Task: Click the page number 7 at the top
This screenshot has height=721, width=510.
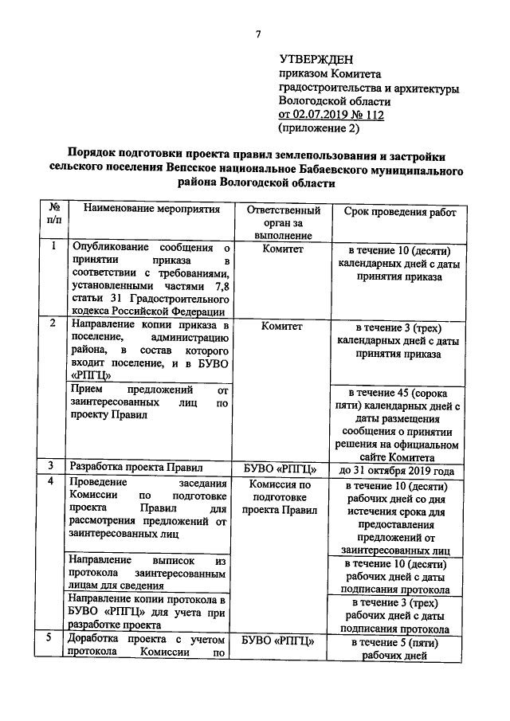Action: pyautogui.click(x=257, y=33)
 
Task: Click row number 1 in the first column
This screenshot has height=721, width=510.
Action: pyautogui.click(x=53, y=247)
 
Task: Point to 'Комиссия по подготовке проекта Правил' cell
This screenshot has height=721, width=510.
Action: pyautogui.click(x=283, y=497)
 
